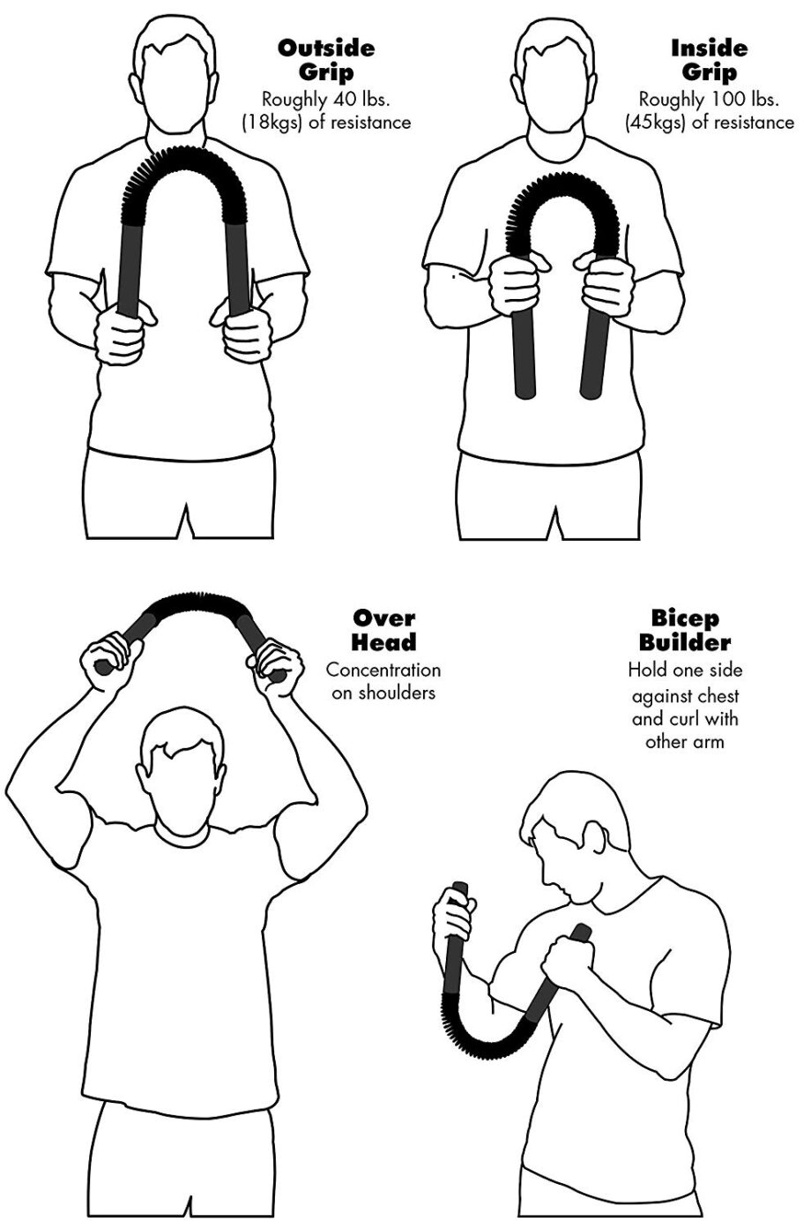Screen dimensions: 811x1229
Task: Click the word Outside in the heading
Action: pos(326,49)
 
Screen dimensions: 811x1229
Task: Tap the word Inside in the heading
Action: pos(709,49)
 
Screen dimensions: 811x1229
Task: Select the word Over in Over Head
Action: pos(383,618)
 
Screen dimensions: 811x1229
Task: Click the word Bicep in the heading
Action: pos(685,619)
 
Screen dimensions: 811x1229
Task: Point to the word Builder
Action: pos(685,642)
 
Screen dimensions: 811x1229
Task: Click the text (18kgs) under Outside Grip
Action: pos(272,123)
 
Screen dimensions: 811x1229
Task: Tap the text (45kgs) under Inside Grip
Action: pos(656,123)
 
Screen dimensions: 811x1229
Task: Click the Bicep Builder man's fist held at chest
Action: pos(568,957)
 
